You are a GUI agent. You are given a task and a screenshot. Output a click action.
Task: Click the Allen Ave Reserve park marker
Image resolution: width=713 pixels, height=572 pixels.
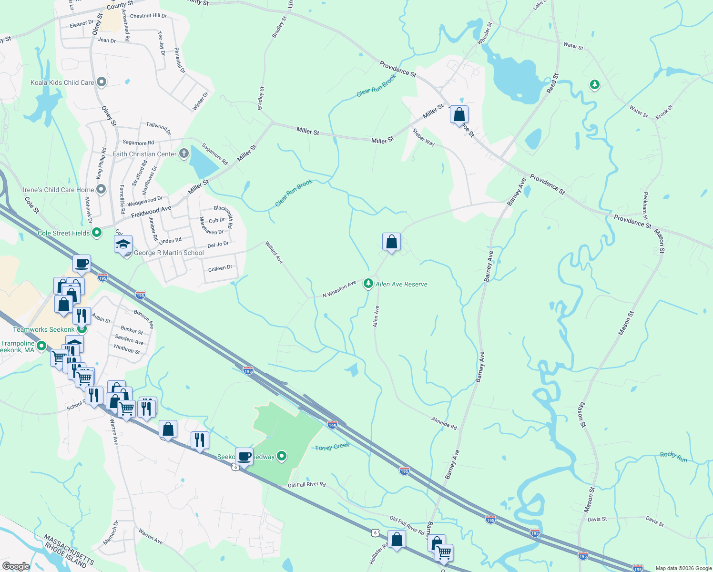pos(368,284)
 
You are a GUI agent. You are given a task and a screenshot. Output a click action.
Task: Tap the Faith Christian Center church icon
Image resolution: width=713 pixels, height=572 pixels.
pos(183,153)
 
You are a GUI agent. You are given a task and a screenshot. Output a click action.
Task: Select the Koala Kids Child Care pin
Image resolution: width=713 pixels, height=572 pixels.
pos(101,82)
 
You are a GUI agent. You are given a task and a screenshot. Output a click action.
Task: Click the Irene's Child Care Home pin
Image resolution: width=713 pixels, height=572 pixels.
pos(101,190)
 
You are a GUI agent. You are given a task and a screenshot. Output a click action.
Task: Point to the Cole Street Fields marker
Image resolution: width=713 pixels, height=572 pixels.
pos(97,233)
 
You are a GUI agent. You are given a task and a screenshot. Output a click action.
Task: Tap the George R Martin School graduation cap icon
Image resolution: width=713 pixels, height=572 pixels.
pos(123,244)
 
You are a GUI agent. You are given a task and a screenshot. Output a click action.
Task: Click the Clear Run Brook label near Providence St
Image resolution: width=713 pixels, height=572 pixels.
pos(376,86)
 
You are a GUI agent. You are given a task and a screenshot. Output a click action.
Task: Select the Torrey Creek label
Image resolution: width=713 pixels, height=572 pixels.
pos(332,447)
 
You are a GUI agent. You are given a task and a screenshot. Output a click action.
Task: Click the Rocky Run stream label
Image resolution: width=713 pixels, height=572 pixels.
pos(673,457)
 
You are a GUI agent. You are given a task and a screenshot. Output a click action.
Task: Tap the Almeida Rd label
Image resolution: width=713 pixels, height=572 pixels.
pos(444,423)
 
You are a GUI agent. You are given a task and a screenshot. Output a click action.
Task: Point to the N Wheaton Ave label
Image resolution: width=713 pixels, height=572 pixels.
pos(339,289)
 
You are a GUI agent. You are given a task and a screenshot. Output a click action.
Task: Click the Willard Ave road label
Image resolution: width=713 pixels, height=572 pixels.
pos(274,253)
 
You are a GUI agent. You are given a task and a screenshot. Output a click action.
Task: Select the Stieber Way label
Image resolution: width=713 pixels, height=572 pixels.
pos(423,137)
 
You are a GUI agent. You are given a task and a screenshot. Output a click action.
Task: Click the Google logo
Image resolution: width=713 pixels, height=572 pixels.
pos(16,566)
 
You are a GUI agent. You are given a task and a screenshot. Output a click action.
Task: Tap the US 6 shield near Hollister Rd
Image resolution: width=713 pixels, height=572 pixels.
pos(376,532)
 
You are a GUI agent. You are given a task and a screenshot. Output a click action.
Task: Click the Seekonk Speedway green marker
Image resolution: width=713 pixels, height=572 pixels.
pos(282,457)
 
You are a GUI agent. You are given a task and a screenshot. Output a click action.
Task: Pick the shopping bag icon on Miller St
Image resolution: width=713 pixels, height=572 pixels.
pos(459,115)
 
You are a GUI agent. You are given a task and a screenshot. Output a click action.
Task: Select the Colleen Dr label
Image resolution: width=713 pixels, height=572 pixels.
pos(220,268)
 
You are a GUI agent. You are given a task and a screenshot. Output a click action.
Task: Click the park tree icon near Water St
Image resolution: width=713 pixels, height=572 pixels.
pos(594,85)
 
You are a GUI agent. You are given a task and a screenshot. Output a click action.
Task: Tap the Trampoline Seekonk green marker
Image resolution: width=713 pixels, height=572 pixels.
pos(41,346)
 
